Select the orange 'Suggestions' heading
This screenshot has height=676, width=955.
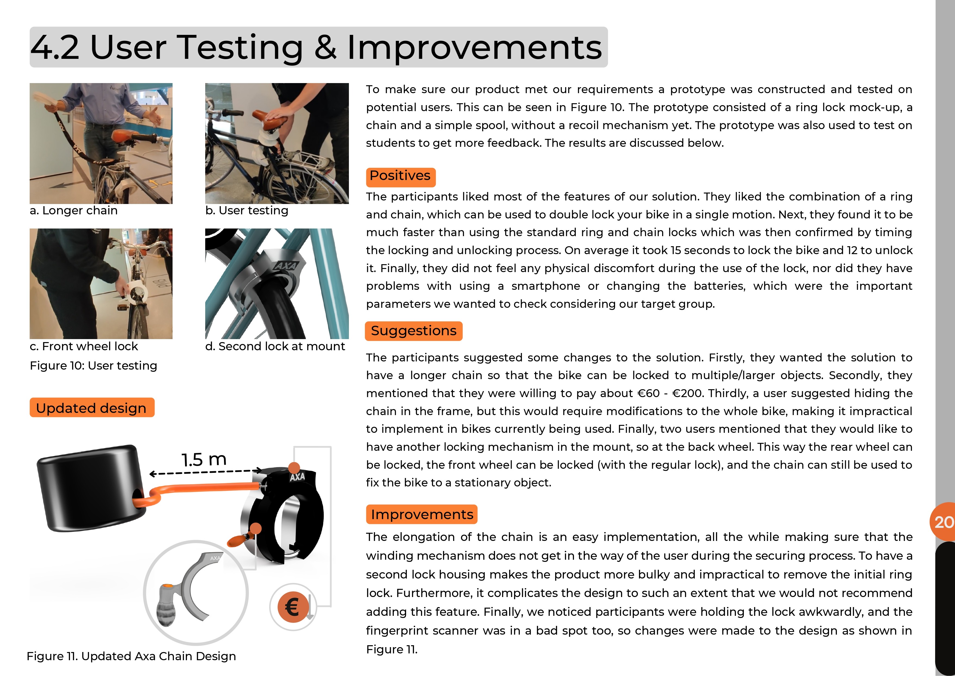click(x=413, y=331)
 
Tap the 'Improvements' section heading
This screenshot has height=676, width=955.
click(x=422, y=514)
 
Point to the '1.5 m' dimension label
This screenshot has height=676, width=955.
click(x=204, y=459)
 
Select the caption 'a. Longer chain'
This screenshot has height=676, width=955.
click(x=74, y=211)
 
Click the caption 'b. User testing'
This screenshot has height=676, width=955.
click(x=247, y=211)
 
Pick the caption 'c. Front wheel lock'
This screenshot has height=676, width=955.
click(x=84, y=346)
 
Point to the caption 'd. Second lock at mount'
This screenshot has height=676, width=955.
click(x=275, y=346)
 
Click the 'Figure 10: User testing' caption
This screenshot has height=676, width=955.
click(x=94, y=366)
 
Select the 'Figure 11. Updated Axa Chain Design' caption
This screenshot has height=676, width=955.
click(x=131, y=656)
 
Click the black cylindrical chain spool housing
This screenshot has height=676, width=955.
click(x=90, y=487)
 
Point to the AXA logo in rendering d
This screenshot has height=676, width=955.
click(x=286, y=266)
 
